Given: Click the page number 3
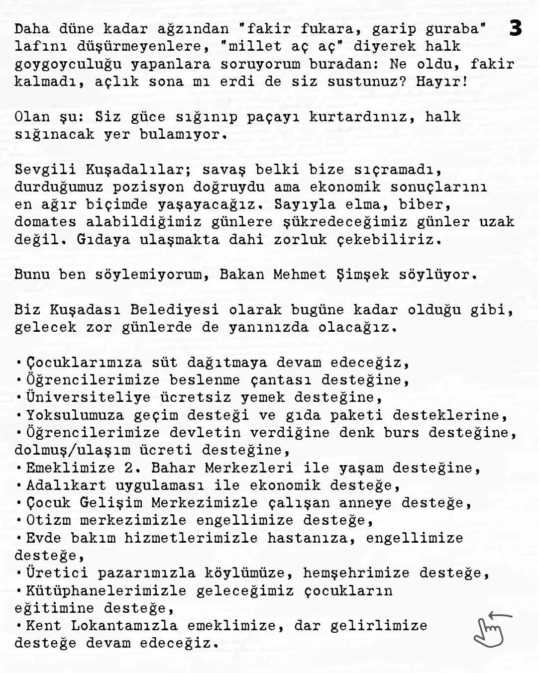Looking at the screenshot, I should [516, 28].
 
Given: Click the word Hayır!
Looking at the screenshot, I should [442, 82].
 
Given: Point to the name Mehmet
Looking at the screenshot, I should [300, 275].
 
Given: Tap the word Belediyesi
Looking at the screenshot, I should [174, 310].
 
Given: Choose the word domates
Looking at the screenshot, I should [45, 222].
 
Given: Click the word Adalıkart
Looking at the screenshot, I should [66, 485].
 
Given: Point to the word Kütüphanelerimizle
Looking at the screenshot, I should [106, 591].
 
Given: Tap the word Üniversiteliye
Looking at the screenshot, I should [88, 397].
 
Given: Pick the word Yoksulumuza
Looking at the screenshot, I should [75, 415].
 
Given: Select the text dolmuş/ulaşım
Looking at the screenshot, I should [72, 450].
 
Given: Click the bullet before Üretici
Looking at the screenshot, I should [19, 574].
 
